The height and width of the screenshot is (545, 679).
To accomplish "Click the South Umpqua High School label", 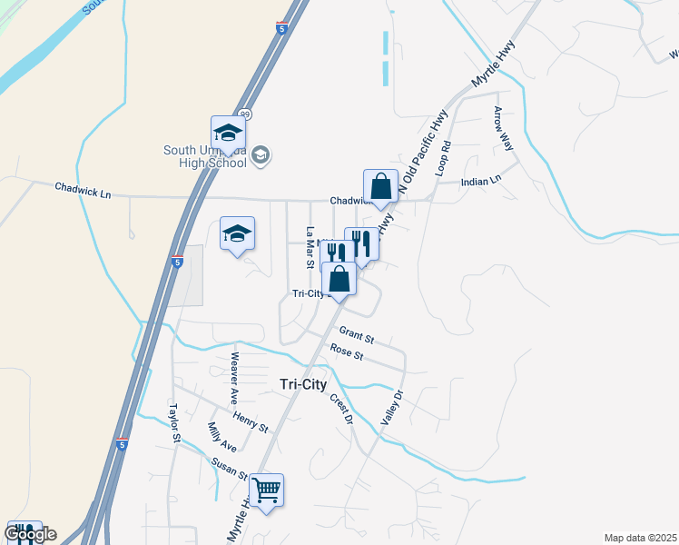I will [204, 157].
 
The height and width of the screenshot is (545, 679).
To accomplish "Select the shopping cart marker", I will [267, 491].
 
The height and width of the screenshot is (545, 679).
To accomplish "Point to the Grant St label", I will [356, 336].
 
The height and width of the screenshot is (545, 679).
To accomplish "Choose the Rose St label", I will [347, 352].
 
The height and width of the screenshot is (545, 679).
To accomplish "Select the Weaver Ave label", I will [234, 378].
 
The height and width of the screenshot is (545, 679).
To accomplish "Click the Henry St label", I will [251, 421].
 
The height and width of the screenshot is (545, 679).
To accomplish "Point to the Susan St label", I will [230, 468].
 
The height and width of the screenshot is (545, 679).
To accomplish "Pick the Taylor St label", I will [173, 423].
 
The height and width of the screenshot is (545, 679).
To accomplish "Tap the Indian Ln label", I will [481, 181].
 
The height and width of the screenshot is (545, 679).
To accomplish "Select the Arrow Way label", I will [503, 128].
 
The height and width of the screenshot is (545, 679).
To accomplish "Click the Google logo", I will [30, 534].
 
